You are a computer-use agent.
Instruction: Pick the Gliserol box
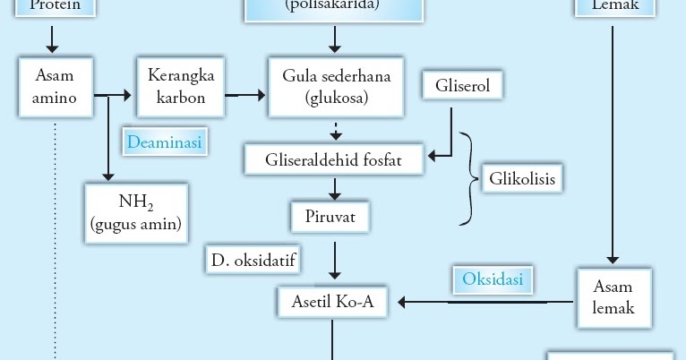point(462,87)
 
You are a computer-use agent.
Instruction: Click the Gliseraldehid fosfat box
point(335,160)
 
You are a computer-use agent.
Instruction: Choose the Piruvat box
point(330,216)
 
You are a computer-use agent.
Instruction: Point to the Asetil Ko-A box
point(333,303)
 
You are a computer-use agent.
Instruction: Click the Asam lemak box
point(613,296)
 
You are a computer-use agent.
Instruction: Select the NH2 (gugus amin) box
point(135,214)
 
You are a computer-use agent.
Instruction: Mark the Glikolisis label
point(522,179)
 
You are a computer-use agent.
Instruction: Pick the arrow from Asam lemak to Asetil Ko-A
point(484,302)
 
